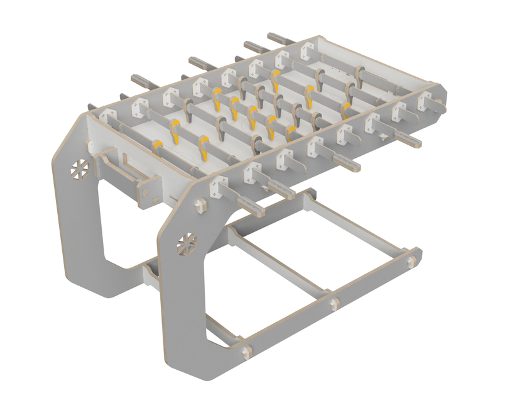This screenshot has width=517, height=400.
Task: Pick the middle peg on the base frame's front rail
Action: pos(334,304)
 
